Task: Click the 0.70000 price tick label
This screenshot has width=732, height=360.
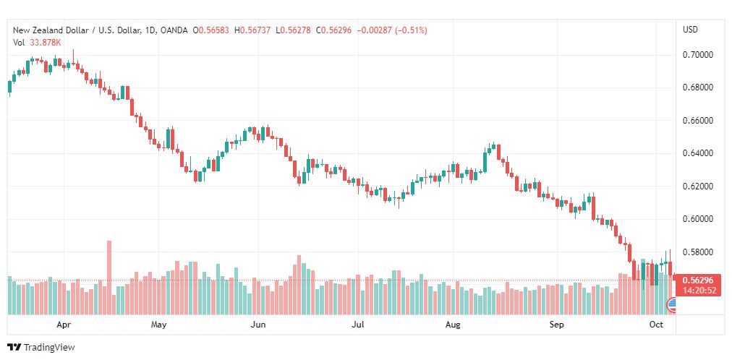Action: click(698, 55)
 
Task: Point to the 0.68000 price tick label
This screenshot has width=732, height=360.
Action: click(698, 87)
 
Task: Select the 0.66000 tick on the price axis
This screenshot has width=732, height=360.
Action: click(698, 121)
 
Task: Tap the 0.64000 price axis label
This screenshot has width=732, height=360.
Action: click(698, 153)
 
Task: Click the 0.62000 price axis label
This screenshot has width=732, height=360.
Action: click(698, 187)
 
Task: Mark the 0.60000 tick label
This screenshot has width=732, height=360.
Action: click(698, 219)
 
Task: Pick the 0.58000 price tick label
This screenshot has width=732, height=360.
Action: click(698, 252)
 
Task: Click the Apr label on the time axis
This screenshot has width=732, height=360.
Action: click(64, 325)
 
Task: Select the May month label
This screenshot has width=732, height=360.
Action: click(158, 325)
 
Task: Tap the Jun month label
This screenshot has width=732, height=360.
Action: click(258, 325)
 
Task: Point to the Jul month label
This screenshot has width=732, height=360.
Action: click(357, 325)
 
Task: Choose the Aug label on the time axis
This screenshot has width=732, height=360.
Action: click(453, 325)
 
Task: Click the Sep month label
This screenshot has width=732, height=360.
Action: click(557, 325)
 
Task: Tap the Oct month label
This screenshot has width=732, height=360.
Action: click(656, 325)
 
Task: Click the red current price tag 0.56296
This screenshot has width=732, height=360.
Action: click(698, 280)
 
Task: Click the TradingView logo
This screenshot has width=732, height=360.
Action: click(41, 348)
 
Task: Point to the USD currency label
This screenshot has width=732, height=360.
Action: click(691, 30)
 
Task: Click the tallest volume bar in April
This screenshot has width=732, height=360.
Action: click(109, 278)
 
